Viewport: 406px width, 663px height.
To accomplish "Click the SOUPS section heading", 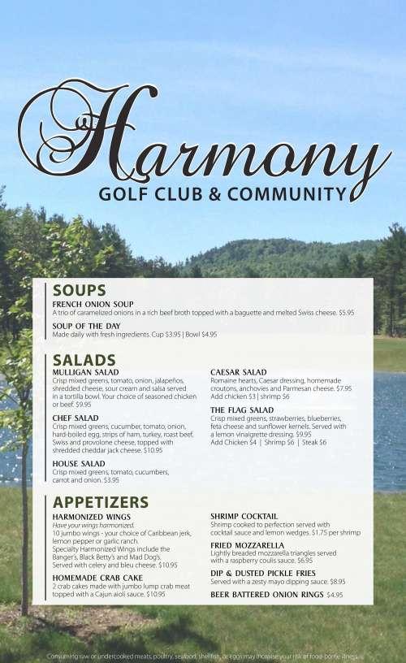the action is coord(79,290).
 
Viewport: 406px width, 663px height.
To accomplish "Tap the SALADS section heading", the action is coord(84,359).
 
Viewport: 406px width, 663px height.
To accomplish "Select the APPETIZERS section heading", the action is coord(100,501).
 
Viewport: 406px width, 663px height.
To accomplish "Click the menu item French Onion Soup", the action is coord(93,304).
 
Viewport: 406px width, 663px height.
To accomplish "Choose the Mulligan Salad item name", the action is coord(85,372).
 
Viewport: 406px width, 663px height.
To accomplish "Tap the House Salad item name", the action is coord(79,463).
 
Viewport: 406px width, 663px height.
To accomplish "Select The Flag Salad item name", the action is coord(242,410).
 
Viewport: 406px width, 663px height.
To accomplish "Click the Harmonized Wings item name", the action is coord(90,516).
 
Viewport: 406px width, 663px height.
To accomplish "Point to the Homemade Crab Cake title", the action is coord(97,578).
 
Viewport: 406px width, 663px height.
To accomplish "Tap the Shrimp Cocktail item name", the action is coord(244,516).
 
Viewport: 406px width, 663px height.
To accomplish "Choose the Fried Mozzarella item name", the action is coord(247,544).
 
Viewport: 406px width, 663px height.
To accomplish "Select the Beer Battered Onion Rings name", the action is coord(266,595).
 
